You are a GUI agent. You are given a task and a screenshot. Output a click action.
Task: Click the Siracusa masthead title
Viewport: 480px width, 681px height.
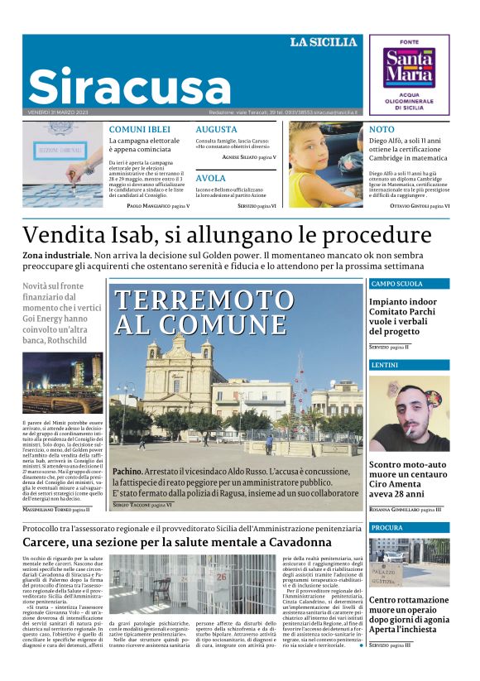point(130,84)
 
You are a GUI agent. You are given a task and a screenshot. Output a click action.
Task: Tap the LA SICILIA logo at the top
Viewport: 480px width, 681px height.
point(323,42)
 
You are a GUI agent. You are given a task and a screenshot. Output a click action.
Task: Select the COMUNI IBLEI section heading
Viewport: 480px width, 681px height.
point(139,129)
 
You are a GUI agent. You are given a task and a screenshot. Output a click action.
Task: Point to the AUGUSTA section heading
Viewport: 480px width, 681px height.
point(216,129)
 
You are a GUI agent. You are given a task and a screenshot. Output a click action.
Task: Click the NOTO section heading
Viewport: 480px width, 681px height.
point(382,129)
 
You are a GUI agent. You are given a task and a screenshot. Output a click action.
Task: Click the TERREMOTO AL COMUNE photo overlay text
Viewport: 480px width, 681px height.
point(199,312)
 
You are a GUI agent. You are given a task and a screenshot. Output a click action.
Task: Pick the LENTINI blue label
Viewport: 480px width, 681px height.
point(385,364)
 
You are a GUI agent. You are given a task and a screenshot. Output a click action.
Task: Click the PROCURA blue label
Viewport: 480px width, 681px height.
point(387,527)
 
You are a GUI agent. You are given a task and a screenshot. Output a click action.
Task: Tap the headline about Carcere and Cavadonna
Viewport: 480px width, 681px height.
point(177,542)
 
